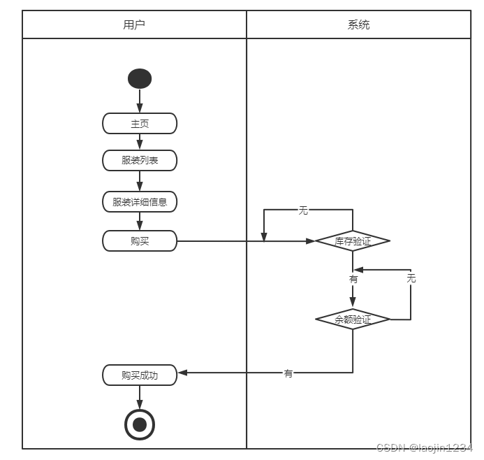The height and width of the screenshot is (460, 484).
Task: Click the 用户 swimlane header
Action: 134,24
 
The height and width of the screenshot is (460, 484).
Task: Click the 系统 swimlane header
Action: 358,24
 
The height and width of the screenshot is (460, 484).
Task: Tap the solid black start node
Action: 140,78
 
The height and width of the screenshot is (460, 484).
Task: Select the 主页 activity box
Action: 140,124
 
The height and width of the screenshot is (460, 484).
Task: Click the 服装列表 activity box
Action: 140,160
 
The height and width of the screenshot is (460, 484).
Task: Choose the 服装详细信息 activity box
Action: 140,202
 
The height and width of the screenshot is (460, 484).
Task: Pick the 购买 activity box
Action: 140,241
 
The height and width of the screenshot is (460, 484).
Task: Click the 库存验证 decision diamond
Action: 353,241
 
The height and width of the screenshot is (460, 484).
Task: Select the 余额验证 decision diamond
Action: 353,319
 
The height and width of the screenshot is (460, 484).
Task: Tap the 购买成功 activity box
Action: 140,375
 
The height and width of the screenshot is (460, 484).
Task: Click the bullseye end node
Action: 140,424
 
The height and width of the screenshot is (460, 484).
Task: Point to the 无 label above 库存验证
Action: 303,210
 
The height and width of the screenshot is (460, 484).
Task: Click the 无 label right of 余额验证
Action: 411,278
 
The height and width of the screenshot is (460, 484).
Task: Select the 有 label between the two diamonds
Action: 353,279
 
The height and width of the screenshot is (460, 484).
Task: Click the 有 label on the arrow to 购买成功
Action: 288,373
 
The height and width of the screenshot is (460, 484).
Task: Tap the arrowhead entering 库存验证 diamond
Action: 311,241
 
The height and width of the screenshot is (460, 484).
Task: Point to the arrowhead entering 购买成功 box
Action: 182,373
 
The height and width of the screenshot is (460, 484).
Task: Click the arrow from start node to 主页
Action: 140,101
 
